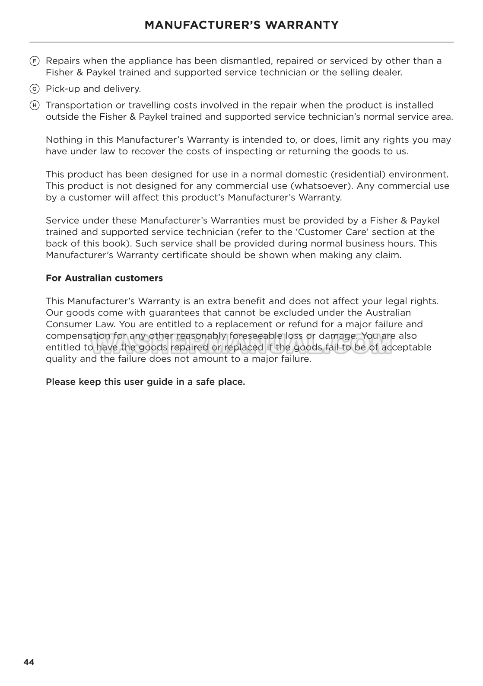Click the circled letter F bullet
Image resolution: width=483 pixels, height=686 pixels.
click(35, 61)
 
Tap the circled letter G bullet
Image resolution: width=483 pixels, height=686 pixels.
click(35, 89)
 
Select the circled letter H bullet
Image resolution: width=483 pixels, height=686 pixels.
click(35, 105)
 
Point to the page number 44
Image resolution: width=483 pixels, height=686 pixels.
click(29, 662)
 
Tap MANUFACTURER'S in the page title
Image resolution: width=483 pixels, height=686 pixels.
click(202, 25)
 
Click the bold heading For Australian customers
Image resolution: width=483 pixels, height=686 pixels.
click(104, 278)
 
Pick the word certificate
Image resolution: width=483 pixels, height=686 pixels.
click(184, 255)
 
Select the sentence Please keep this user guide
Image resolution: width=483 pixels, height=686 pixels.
click(145, 382)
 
